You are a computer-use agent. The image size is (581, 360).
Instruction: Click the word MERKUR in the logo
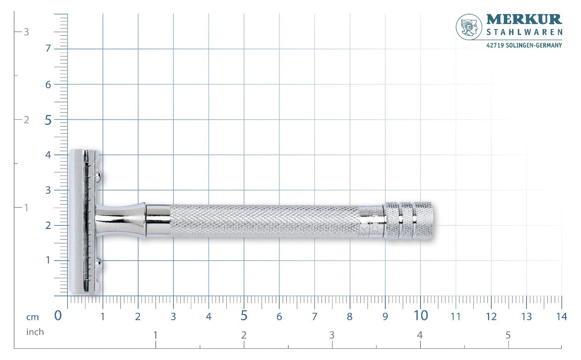pyautogui.click(x=524, y=20)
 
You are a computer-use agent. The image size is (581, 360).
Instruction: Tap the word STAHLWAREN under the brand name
pyautogui.click(x=524, y=32)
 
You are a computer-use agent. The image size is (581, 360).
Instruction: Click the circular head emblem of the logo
pyautogui.click(x=469, y=27)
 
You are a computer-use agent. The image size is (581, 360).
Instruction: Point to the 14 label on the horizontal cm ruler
pyautogui.click(x=561, y=316)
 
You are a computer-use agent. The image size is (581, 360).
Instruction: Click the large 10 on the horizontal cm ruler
pyautogui.click(x=421, y=316)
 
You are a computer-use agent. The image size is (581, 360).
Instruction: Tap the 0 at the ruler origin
pyautogui.click(x=58, y=316)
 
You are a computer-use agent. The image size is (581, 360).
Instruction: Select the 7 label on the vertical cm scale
pyautogui.click(x=48, y=49)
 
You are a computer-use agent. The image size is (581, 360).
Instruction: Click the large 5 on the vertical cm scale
pyautogui.click(x=48, y=120)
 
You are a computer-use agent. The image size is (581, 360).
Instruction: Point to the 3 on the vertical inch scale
pyautogui.click(x=26, y=32)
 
